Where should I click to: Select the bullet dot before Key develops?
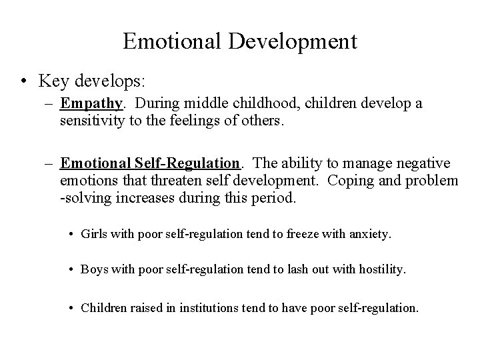pyautogui.click(x=23, y=81)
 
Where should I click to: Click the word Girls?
pyautogui.click(x=93, y=234)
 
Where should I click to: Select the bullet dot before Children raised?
pyautogui.click(x=71, y=308)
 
